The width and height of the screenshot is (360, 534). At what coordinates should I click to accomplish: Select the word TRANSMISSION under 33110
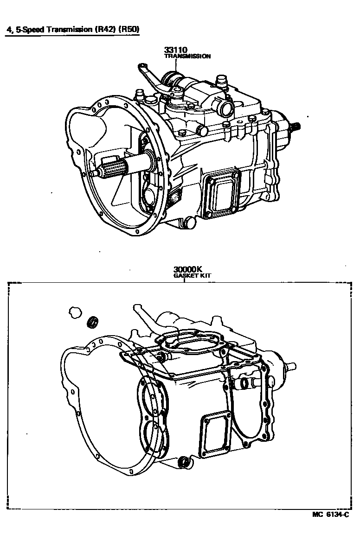(x=187, y=56)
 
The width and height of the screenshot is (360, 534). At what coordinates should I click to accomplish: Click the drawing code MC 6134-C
(x=330, y=515)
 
